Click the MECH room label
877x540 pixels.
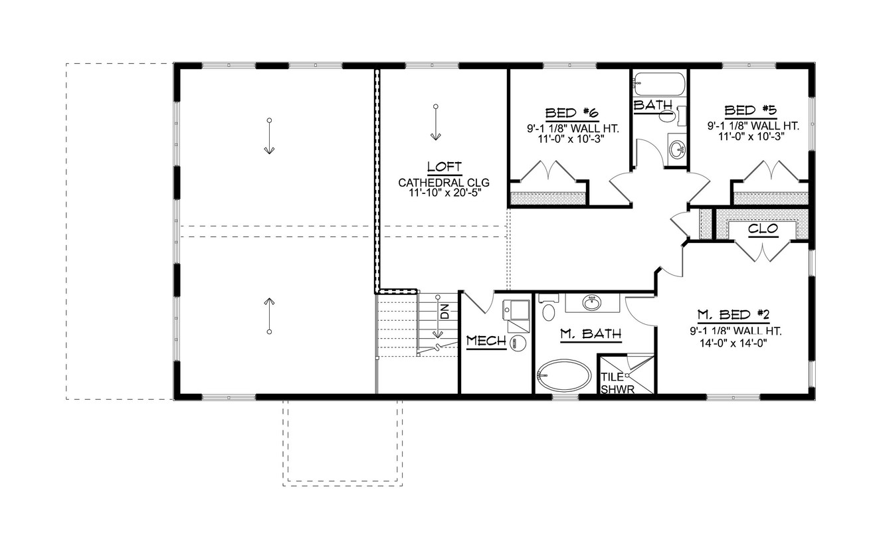click(x=486, y=341)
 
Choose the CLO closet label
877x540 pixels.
click(x=763, y=229)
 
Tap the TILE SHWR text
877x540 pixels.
click(x=613, y=383)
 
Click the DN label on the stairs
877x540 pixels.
click(x=444, y=311)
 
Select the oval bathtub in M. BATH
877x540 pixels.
click(x=563, y=377)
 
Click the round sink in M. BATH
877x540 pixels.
click(x=591, y=303)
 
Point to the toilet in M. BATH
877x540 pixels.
click(x=549, y=311)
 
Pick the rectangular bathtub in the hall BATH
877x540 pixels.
click(x=658, y=85)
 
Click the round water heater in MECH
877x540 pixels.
click(x=518, y=342)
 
